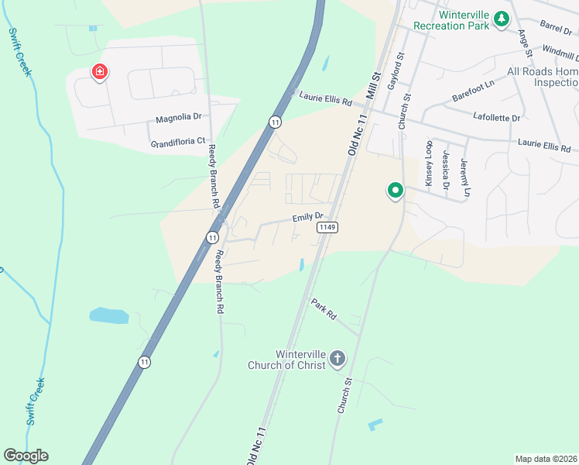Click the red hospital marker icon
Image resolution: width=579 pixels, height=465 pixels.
click(100, 73)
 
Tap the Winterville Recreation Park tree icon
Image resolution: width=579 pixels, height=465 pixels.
click(502, 19)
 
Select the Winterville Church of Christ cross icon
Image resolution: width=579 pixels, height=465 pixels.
click(337, 358)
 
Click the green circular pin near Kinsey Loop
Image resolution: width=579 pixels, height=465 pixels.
click(395, 190)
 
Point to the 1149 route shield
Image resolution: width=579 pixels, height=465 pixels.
click(325, 227)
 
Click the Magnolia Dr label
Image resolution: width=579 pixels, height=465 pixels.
click(178, 119)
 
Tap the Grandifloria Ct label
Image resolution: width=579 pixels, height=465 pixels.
click(178, 143)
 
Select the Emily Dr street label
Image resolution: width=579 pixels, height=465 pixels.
click(307, 219)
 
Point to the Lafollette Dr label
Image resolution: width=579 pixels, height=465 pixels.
click(496, 117)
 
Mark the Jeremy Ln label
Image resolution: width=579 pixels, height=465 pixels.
click(464, 177)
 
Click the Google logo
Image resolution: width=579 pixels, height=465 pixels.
click(26, 456)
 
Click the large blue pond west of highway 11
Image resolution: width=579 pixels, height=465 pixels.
click(109, 315)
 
